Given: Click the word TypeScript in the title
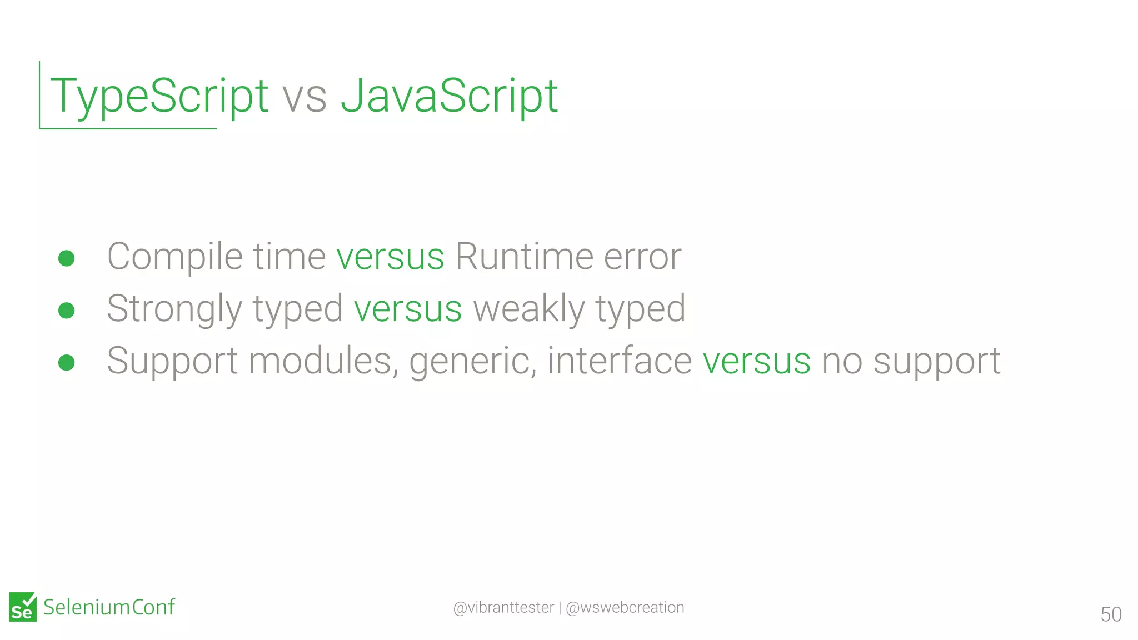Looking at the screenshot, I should click(159, 96).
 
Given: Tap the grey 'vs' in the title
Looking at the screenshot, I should click(305, 97).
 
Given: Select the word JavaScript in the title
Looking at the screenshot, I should click(449, 96).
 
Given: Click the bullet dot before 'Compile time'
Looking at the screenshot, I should click(67, 258).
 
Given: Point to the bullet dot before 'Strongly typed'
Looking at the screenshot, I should click(67, 310).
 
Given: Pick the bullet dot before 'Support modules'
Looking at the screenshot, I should click(67, 362).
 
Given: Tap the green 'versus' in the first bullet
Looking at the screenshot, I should click(390, 257).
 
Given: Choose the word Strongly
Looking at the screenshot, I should click(174, 309).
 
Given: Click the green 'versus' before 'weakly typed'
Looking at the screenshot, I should click(408, 309).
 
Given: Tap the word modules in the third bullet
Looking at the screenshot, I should click(323, 361).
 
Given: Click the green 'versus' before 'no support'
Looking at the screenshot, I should click(756, 361).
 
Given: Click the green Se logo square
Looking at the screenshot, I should click(23, 607).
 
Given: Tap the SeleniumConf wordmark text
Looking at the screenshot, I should click(109, 607).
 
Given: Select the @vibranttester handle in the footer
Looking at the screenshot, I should click(503, 607).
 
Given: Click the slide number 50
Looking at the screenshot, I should click(1111, 614).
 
